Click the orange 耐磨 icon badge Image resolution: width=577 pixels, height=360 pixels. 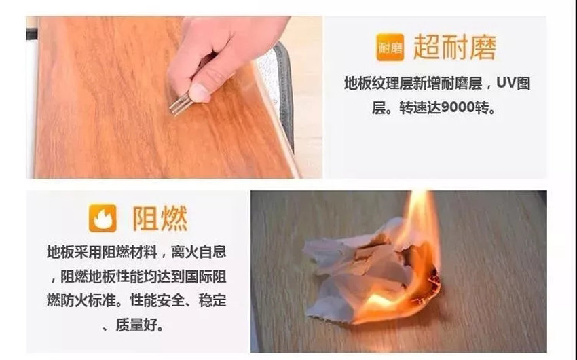[x=390, y=47]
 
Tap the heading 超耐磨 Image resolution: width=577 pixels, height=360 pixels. [x=455, y=47]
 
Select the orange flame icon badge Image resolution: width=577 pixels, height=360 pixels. [x=103, y=218]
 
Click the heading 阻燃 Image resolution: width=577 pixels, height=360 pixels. [x=160, y=218]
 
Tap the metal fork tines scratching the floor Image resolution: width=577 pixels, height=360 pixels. [x=181, y=103]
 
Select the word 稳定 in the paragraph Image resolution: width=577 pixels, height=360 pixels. [x=212, y=300]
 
